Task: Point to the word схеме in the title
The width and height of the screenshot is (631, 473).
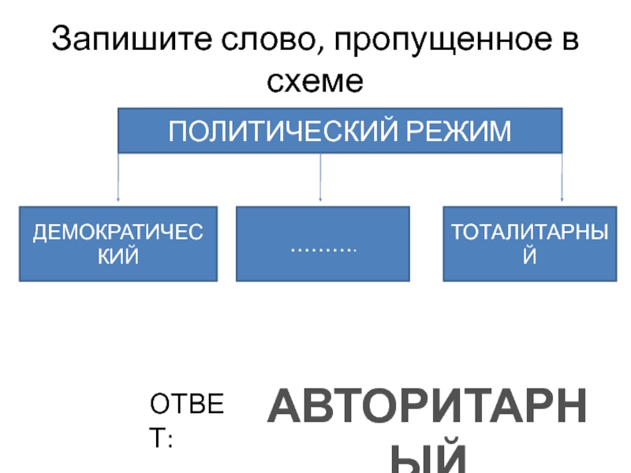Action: [315, 80]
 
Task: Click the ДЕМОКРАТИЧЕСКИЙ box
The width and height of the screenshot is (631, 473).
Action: [118, 244]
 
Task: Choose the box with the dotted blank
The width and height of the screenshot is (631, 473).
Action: [323, 244]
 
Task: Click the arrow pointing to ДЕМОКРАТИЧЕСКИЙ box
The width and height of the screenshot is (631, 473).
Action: [118, 177]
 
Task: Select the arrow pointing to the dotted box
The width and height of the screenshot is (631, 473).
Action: [319, 177]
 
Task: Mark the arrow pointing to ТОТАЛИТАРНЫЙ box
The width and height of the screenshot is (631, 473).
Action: [562, 177]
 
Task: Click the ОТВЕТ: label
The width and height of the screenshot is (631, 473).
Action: [188, 421]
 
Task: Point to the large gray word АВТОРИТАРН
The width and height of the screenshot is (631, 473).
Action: [427, 411]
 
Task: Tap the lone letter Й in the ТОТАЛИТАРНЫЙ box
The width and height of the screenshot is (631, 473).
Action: [529, 255]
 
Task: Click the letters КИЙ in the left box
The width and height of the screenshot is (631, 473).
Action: [118, 255]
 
